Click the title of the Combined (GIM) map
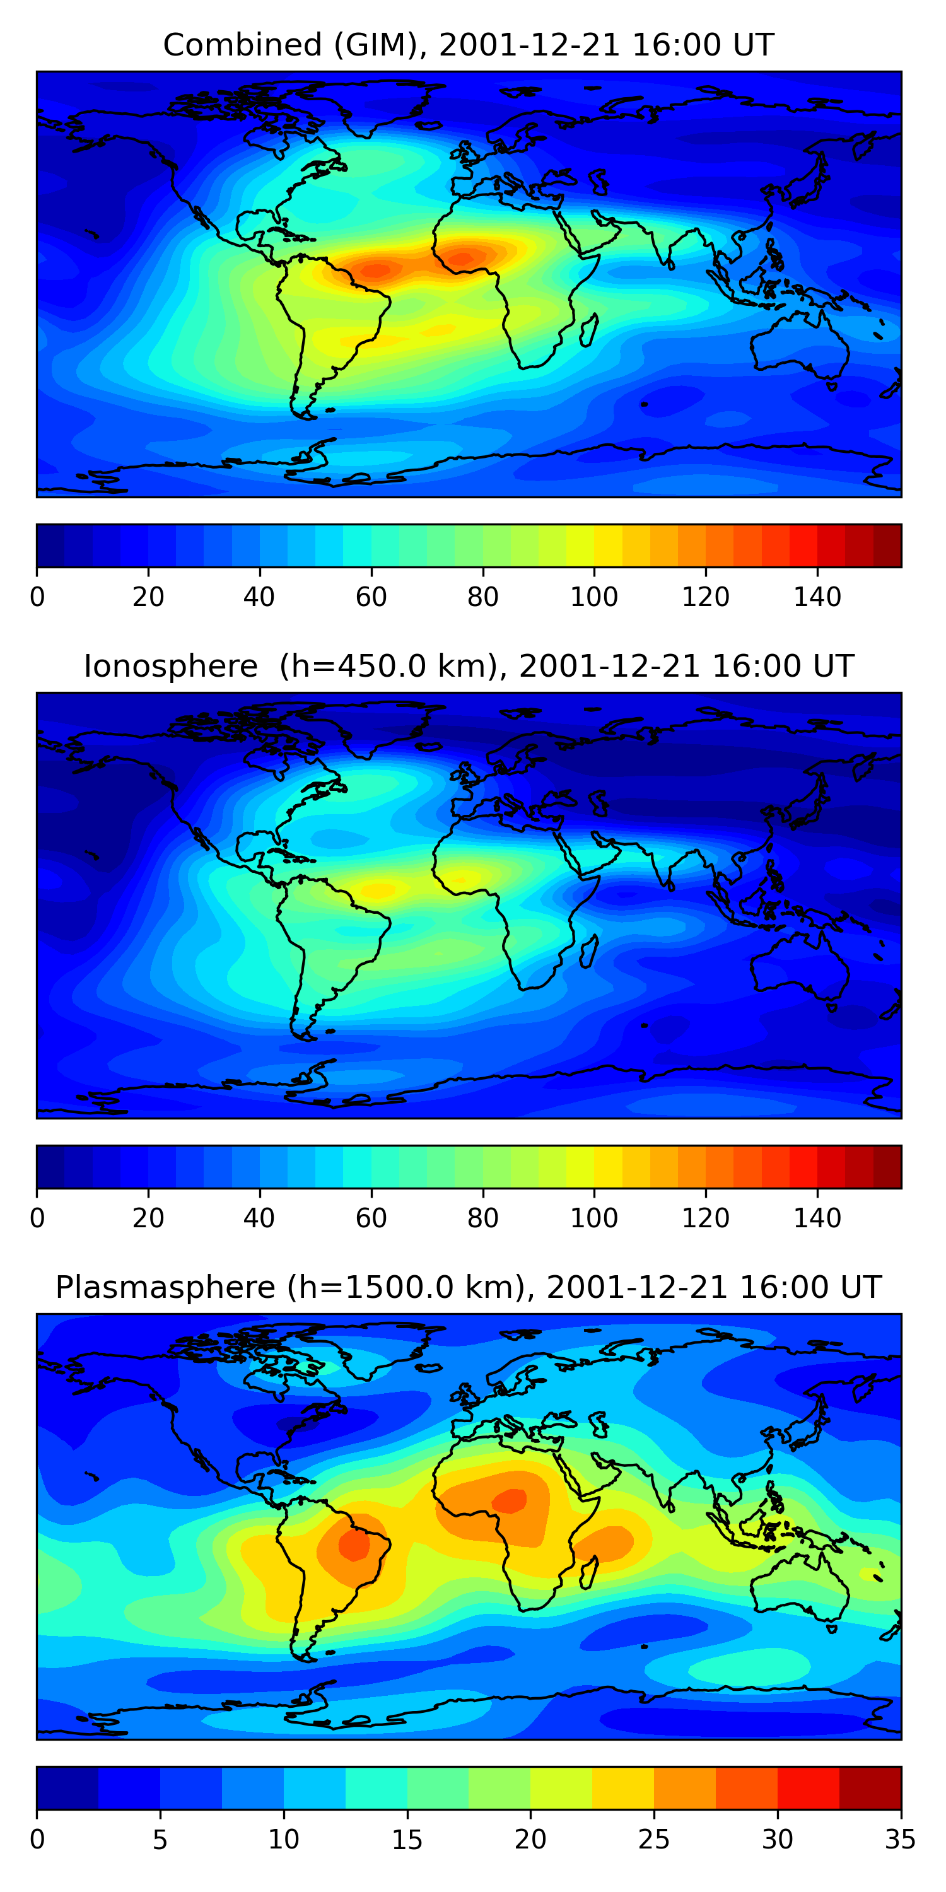click(x=468, y=45)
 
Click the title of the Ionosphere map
click(x=468, y=666)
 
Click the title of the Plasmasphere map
click(x=468, y=1288)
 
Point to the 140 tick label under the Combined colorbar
click(x=817, y=597)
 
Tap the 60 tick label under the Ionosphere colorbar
click(x=371, y=1218)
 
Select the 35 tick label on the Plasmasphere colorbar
click(x=901, y=1840)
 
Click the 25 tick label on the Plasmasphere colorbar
click(x=653, y=1840)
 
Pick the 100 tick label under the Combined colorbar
click(x=594, y=597)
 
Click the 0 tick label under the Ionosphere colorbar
click(x=37, y=1218)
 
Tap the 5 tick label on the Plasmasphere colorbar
click(x=160, y=1840)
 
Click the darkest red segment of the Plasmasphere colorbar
click(x=870, y=1788)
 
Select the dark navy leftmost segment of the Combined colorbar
click(x=50, y=546)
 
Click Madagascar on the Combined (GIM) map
click(x=589, y=330)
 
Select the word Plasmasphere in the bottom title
click(x=165, y=1288)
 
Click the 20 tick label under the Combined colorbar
click(x=148, y=597)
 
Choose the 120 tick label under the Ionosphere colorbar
click(x=705, y=1218)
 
